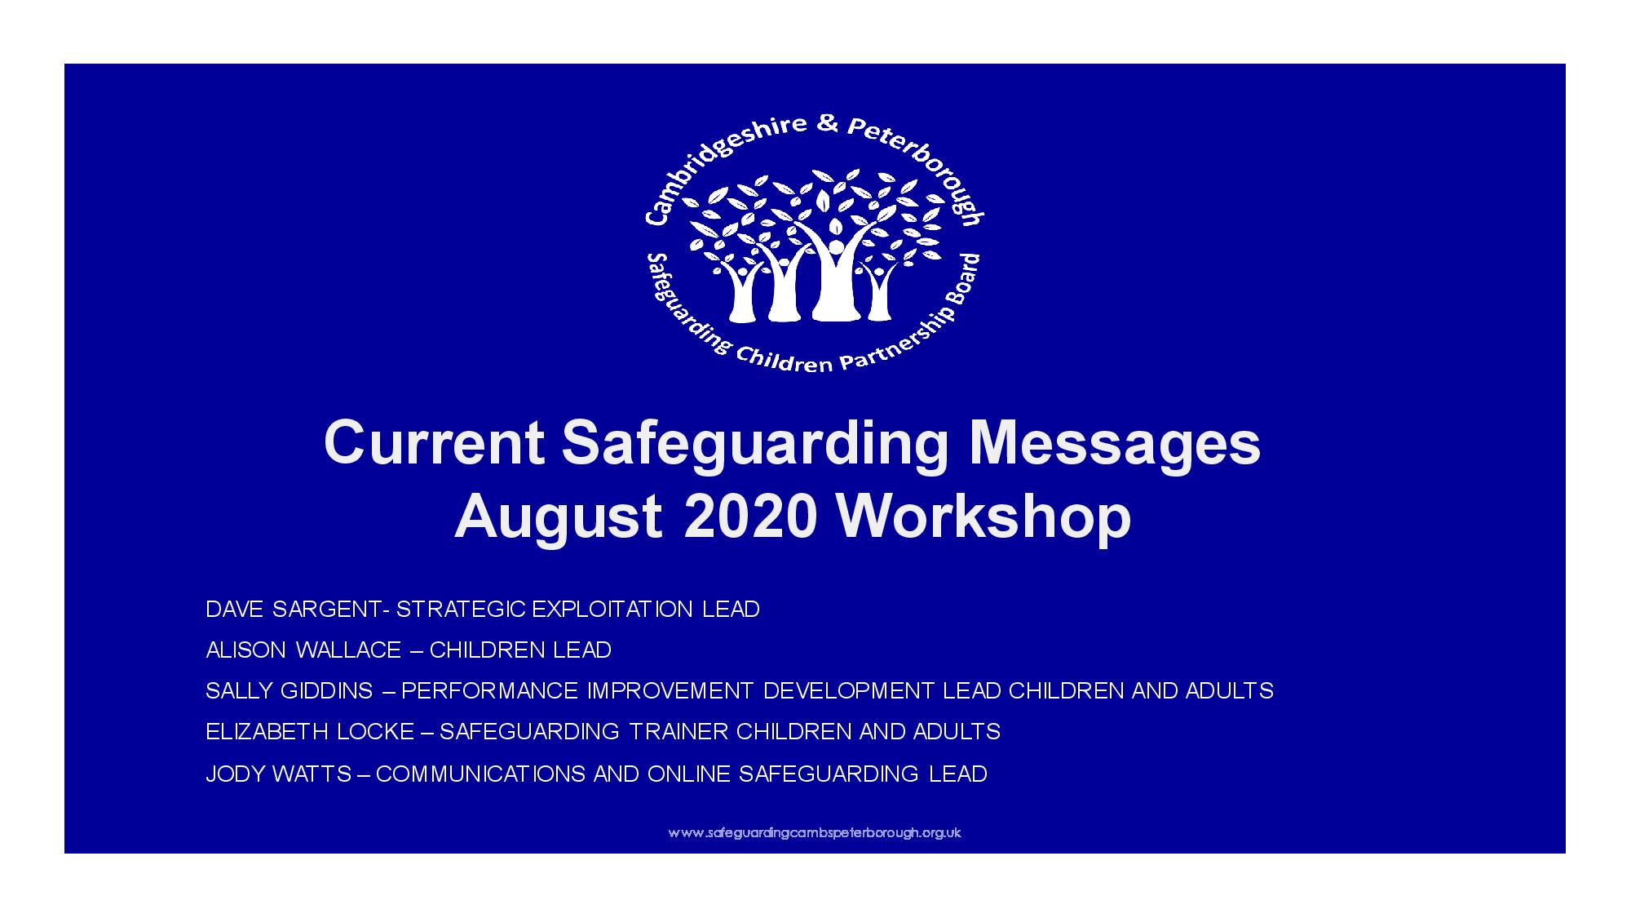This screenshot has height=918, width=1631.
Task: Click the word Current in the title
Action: pos(434,444)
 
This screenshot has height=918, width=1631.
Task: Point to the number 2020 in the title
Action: pos(750,517)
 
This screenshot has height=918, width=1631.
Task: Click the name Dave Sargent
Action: pos(293,610)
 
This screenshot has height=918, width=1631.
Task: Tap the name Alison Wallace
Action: pos(303,650)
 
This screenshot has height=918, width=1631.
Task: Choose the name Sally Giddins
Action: pos(290,691)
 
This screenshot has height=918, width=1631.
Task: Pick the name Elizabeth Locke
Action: pos(310,732)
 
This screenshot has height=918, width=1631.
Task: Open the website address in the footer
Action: pos(815,833)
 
